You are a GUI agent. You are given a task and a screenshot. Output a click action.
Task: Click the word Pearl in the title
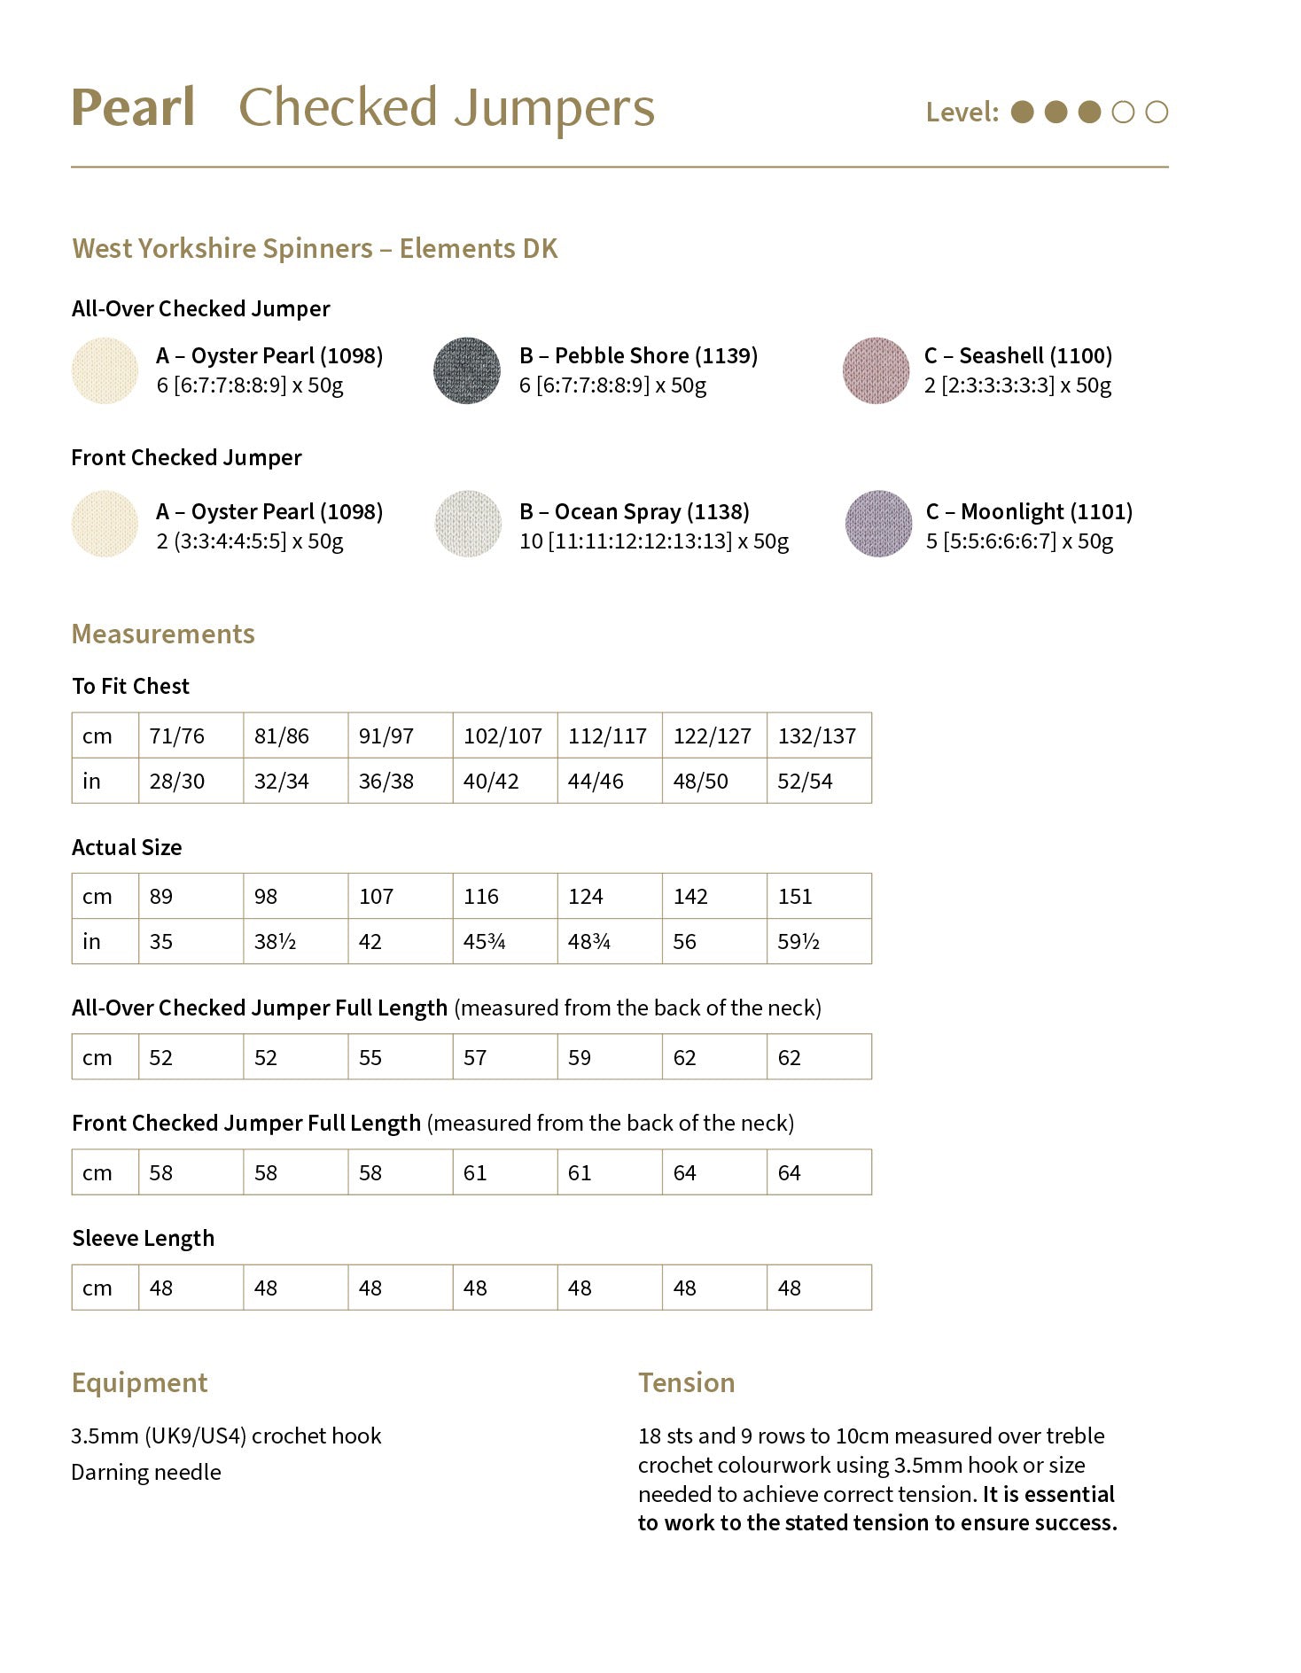tap(133, 108)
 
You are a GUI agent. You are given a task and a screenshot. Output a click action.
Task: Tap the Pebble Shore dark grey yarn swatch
tap(467, 370)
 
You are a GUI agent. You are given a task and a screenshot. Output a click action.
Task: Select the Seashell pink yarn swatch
tap(876, 370)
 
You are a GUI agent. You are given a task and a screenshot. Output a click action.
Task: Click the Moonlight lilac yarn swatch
tap(878, 524)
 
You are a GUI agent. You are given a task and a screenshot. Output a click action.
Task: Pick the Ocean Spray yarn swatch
tap(468, 524)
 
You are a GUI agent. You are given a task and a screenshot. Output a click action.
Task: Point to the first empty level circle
tap(1123, 113)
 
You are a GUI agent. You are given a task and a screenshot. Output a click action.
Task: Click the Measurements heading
tap(163, 634)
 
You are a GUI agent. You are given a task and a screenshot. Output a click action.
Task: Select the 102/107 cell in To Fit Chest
tap(502, 736)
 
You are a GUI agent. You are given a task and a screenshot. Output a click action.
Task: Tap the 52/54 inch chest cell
tap(805, 782)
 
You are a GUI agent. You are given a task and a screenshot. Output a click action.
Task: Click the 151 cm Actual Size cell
tap(795, 897)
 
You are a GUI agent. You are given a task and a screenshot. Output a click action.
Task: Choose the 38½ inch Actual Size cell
tap(275, 942)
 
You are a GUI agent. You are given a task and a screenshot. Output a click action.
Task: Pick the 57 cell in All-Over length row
tap(475, 1058)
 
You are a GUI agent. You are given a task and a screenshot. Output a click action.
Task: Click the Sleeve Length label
tap(143, 1239)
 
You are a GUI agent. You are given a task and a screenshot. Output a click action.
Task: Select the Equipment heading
tap(139, 1383)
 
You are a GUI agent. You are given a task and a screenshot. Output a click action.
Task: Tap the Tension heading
tap(686, 1383)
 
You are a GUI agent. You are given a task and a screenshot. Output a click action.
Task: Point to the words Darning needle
tap(146, 1473)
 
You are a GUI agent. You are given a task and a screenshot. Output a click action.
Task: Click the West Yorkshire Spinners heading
tap(315, 249)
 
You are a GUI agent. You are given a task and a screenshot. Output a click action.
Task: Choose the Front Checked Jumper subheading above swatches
tap(186, 458)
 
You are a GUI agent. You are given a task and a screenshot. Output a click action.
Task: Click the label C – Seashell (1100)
tap(1017, 356)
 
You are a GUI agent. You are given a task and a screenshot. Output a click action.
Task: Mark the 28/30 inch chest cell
tap(176, 782)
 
